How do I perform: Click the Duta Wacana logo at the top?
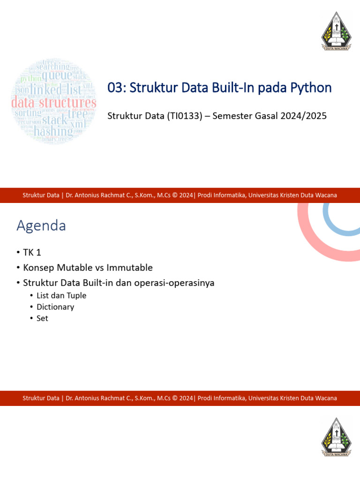336,32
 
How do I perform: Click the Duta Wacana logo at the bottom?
336,437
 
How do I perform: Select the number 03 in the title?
115,88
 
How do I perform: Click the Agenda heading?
41,226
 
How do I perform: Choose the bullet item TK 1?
32,253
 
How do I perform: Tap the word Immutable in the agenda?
129,268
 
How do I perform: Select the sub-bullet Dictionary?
55,307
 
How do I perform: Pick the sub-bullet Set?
42,318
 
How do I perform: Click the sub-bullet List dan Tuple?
61,296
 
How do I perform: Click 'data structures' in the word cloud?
54,102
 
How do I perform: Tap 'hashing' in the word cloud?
53,131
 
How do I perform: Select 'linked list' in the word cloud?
56,89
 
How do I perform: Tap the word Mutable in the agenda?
74,268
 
